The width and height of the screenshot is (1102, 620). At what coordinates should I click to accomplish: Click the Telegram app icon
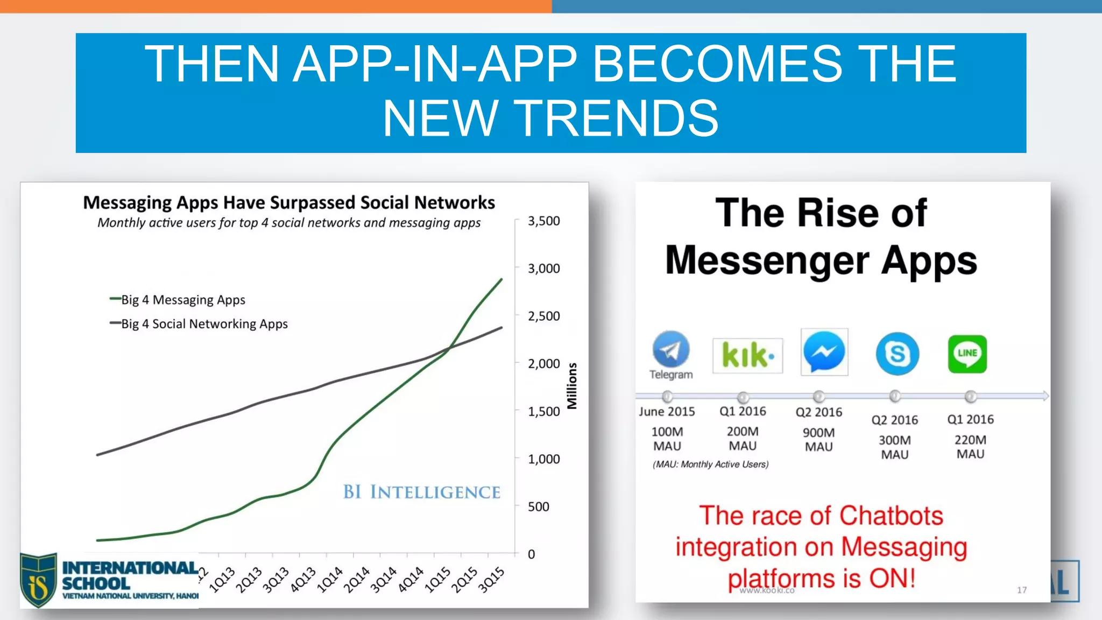tap(670, 350)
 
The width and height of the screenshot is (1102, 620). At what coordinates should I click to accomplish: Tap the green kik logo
tap(747, 355)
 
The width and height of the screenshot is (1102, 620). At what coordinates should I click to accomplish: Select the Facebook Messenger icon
tap(824, 351)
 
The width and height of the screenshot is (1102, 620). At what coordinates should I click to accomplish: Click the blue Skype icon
tap(897, 354)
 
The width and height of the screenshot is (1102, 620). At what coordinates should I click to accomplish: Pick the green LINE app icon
tap(967, 354)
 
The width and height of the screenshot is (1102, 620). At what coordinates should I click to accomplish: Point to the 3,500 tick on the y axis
tap(543, 221)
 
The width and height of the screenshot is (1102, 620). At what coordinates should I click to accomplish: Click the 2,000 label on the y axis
tap(543, 364)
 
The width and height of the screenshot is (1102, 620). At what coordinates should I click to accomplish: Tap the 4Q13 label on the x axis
tap(303, 580)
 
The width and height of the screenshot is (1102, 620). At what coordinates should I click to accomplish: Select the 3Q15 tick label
tap(491, 580)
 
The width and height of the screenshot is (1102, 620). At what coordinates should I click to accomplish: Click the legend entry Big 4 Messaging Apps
tap(182, 300)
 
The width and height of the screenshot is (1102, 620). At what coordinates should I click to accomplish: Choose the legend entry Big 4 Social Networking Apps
tap(204, 324)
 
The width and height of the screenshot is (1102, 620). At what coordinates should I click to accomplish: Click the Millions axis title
tap(572, 386)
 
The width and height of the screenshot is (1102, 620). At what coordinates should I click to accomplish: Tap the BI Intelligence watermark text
tap(421, 492)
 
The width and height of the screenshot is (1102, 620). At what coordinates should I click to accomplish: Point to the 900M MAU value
tap(818, 440)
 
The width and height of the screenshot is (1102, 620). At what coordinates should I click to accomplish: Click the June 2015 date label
tap(667, 412)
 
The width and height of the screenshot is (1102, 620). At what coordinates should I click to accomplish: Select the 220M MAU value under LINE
tap(970, 447)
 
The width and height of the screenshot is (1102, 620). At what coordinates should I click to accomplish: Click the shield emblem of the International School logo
tap(39, 580)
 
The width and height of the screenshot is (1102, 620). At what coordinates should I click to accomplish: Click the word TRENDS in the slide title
tap(617, 118)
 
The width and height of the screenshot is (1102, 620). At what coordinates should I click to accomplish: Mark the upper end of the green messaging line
tap(501, 279)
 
